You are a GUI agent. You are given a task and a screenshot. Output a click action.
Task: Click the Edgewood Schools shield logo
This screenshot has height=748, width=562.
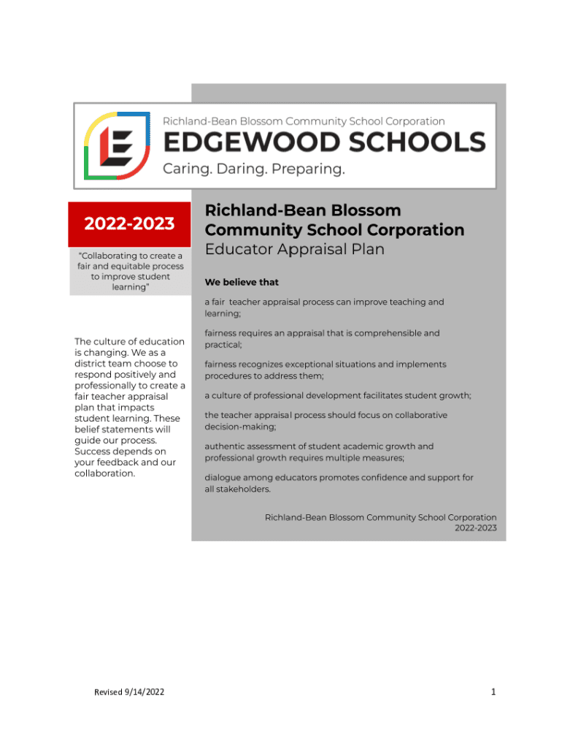[118, 145]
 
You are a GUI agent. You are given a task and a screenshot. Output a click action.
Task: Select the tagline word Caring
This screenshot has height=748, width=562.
[185, 169]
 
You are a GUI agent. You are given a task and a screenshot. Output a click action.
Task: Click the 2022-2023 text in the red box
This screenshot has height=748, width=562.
[129, 224]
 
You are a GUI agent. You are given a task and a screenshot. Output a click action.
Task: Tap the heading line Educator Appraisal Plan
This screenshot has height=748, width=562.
[294, 249]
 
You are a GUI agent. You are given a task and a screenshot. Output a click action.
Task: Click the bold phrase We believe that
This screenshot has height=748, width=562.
[242, 282]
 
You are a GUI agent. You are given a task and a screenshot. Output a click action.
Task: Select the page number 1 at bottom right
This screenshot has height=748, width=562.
[493, 692]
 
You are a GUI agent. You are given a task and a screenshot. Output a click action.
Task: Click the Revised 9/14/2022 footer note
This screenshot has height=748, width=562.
[129, 692]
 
